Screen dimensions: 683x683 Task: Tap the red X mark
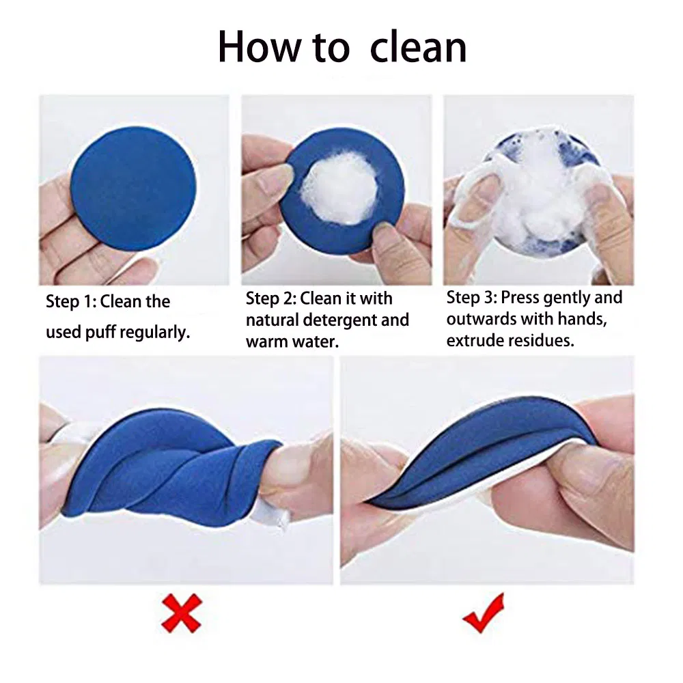pos(182,613)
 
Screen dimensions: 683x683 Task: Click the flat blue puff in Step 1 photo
pos(133,188)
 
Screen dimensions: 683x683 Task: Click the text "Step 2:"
pos(271,298)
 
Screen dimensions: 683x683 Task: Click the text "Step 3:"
pos(471,298)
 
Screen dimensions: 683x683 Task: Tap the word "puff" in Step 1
pos(100,333)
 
